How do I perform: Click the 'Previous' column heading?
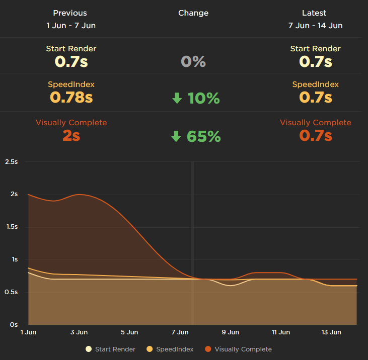tap(70, 13)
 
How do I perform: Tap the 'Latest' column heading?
tap(314, 13)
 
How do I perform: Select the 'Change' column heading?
tap(193, 13)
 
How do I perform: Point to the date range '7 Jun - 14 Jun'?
tap(315, 26)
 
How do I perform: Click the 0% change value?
tap(193, 62)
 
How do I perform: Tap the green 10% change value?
tap(203, 99)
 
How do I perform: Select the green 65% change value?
tap(203, 136)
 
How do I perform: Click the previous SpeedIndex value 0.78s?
tap(71, 97)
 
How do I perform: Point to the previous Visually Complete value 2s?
tap(71, 135)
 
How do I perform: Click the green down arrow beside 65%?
tap(176, 136)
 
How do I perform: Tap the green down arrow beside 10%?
tap(177, 99)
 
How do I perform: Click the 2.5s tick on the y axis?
tap(11, 162)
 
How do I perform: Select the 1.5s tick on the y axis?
tap(11, 227)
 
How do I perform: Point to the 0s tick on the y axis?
tap(14, 325)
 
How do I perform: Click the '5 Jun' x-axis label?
tap(129, 332)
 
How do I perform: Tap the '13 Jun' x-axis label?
tap(331, 332)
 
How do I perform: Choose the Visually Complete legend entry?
tap(238, 349)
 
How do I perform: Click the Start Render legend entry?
tap(110, 349)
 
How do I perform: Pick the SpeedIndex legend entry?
tap(170, 349)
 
